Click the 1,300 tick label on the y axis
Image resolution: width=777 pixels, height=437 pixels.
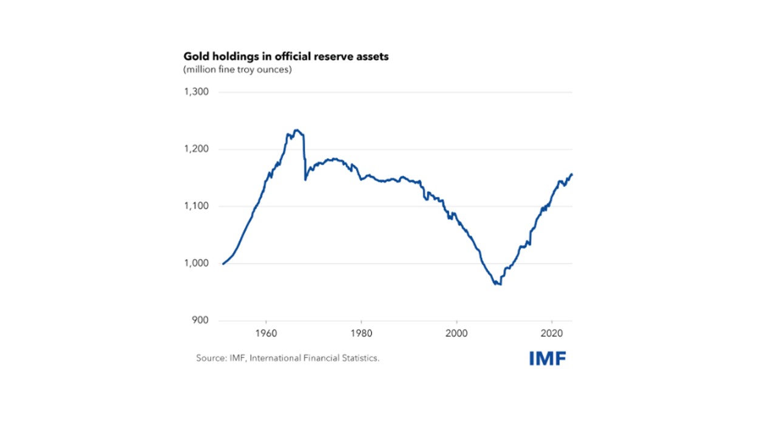(196, 92)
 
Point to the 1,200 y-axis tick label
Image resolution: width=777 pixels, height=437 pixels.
(196, 149)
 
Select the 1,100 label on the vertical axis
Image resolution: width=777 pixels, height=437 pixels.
(196, 206)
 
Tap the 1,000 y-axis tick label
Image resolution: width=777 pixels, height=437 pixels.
(196, 263)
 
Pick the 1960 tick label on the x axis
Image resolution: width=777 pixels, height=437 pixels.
(266, 333)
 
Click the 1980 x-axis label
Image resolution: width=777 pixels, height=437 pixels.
(361, 333)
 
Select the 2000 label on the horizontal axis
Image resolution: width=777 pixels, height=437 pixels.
(456, 333)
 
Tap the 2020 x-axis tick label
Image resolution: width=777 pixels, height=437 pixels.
(552, 333)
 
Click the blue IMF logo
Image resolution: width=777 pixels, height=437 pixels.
(548, 358)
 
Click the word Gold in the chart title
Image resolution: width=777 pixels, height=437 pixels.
(196, 56)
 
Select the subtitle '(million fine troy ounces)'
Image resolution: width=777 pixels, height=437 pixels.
(238, 70)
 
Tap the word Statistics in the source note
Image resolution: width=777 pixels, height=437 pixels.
(360, 358)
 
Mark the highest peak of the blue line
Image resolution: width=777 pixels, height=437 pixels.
(296, 130)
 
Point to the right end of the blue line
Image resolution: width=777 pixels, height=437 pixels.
(572, 175)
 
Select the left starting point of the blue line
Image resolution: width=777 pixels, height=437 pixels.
(223, 263)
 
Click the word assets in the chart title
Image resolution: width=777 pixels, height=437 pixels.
(373, 56)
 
